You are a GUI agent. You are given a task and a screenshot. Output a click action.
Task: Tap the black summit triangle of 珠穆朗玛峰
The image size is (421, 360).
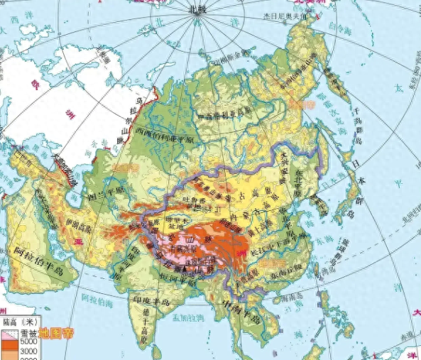coord(186,269)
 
